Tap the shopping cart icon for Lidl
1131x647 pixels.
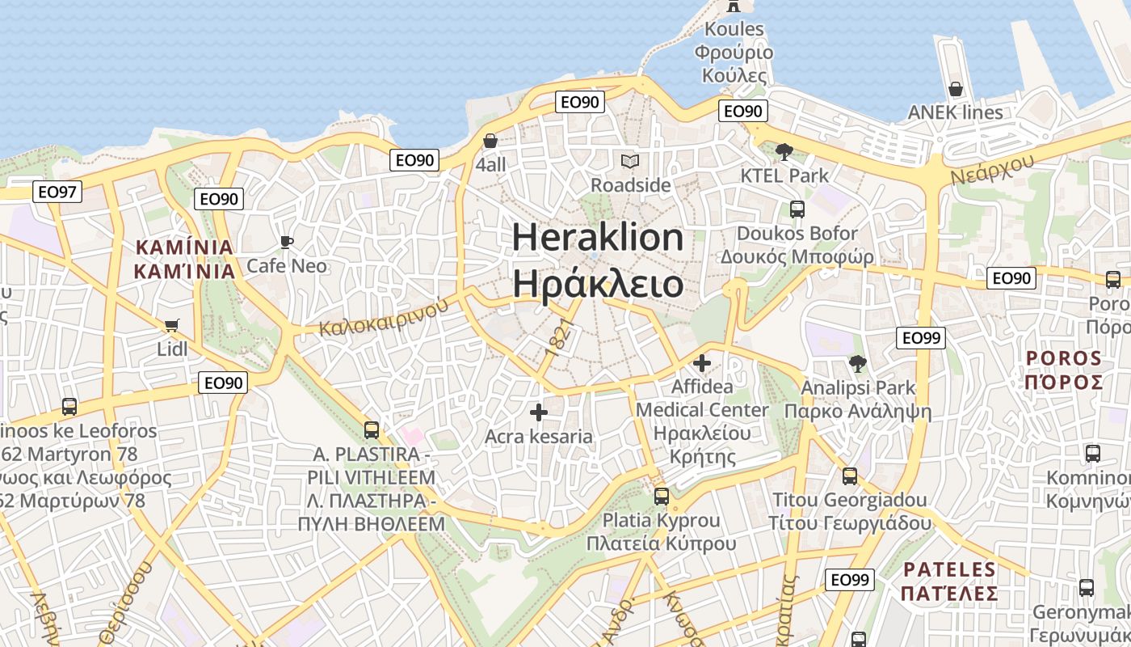pos(171,325)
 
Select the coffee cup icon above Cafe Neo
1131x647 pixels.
pos(286,242)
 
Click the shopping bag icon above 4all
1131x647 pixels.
pos(490,141)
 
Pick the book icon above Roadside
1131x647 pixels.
pos(630,161)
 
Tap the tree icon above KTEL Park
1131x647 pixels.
pos(784,151)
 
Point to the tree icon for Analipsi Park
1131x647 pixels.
pos(858,363)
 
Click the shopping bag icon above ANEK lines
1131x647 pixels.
pos(955,88)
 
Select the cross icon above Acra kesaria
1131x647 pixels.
pos(538,412)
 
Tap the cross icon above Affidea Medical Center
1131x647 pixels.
pos(701,363)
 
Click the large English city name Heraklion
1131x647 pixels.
pos(598,238)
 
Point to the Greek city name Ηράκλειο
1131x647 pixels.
pos(598,285)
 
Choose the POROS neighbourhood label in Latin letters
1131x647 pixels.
pos(1064,357)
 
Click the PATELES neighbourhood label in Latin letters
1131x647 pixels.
pos(950,569)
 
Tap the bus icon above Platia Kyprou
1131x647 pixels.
pos(661,496)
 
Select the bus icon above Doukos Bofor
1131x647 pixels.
pos(797,209)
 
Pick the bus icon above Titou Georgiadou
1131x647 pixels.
pos(849,476)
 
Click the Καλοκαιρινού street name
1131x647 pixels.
pos(383,318)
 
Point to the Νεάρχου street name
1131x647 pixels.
pos(992,169)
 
